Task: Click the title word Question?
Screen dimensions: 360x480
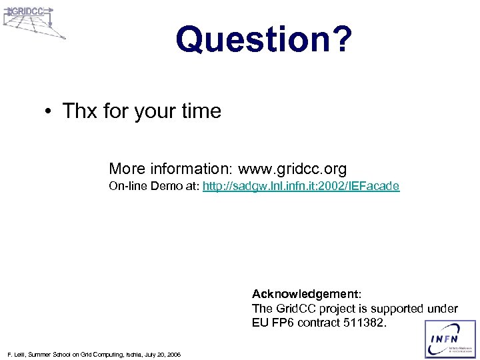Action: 263,39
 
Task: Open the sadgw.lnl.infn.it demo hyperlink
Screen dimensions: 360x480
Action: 301,187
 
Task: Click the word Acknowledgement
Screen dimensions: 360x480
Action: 305,293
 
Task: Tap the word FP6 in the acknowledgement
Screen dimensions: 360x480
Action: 283,323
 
